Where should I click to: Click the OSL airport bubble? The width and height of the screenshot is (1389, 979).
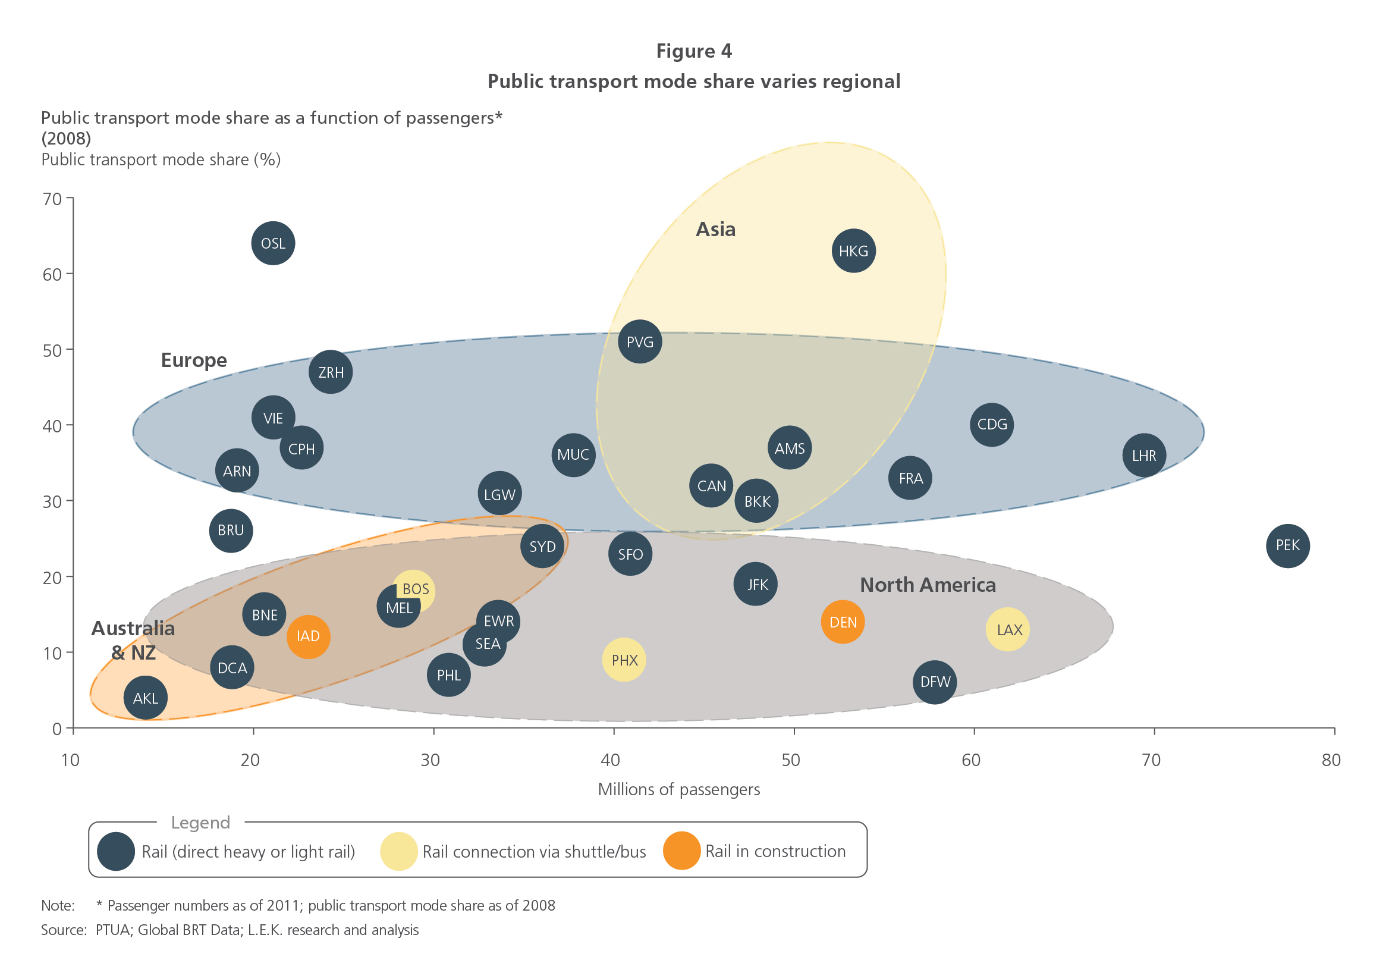click(273, 243)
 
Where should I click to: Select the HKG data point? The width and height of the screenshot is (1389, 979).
click(854, 251)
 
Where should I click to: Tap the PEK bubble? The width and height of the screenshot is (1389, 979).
click(1288, 546)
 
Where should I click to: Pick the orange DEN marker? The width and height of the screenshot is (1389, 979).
click(843, 622)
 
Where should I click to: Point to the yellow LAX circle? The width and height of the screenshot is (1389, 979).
click(1008, 630)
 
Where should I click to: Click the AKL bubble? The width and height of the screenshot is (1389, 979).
click(145, 698)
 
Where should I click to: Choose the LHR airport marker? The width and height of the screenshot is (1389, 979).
click(1144, 456)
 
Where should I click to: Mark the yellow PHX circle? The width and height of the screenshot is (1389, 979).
click(624, 660)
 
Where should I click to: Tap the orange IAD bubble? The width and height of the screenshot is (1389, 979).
click(309, 636)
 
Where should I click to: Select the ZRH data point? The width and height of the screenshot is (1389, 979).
click(331, 372)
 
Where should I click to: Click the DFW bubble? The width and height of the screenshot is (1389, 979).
click(935, 683)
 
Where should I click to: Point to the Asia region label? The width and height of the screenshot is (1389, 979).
click(716, 230)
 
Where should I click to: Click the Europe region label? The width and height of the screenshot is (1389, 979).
click(194, 360)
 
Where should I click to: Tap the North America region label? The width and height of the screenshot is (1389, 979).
click(928, 585)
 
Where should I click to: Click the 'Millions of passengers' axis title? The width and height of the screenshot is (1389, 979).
click(679, 790)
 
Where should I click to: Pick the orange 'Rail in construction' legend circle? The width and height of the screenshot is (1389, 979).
click(682, 851)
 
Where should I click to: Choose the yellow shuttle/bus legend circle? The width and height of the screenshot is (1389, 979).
click(399, 851)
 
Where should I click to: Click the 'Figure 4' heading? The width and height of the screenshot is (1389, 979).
click(694, 51)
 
